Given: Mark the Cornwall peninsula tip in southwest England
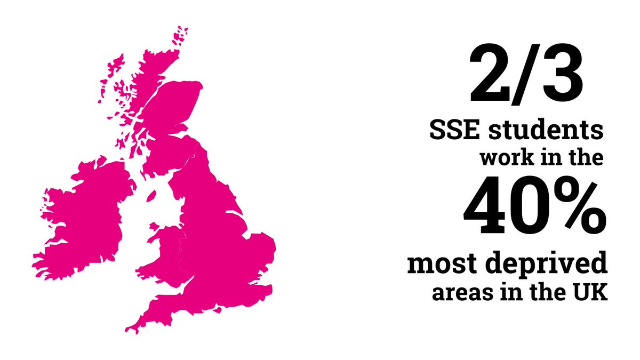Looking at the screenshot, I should (x=131, y=326).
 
